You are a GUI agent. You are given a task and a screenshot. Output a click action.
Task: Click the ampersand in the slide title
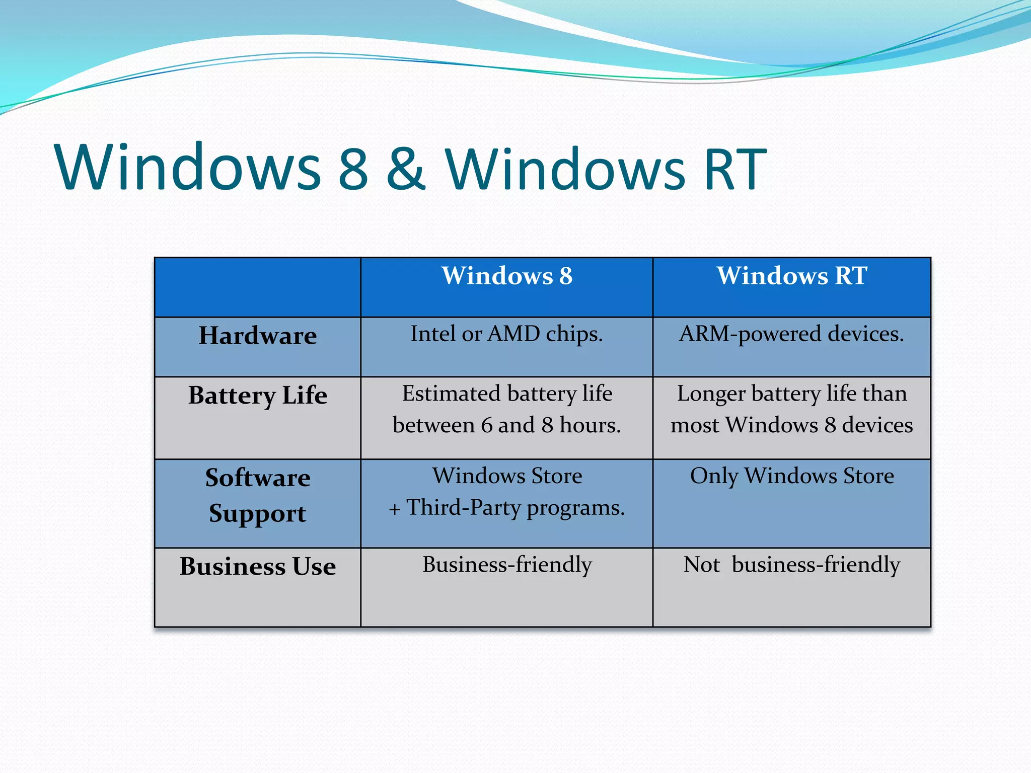pos(406,169)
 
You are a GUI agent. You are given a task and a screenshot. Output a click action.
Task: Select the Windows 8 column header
pos(507,276)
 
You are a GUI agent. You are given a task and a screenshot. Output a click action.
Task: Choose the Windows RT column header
pos(791,276)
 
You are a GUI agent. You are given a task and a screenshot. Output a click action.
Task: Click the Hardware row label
pos(258,336)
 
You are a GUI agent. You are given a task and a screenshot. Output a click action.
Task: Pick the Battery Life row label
pos(258,396)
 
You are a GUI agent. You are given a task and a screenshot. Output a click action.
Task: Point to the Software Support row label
pos(258,496)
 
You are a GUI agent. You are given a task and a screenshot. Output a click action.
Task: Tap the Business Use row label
pos(258,567)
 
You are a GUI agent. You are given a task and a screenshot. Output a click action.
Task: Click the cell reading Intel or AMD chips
pos(506,334)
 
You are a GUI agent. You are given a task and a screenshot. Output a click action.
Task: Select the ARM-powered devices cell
pos(791,334)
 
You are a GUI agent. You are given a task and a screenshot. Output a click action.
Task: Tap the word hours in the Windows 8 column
pos(590,426)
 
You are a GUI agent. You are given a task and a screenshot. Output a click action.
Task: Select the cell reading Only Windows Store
pos(791,476)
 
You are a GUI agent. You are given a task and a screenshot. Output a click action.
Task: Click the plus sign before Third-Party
pos(395,509)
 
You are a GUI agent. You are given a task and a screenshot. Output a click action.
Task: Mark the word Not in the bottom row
pos(702,565)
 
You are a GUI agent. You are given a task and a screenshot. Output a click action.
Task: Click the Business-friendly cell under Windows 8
pos(506,565)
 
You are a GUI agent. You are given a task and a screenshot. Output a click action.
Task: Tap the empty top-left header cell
pos(258,287)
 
